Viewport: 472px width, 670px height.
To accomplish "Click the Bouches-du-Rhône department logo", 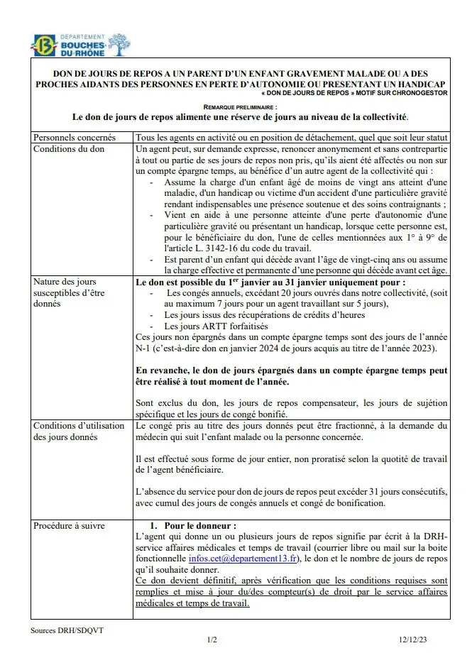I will coord(80,45).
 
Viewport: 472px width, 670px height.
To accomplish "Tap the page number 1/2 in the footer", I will coord(212,639).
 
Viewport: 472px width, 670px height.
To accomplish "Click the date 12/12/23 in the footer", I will coord(412,639).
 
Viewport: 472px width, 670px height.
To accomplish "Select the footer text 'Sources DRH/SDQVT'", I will coord(61,630).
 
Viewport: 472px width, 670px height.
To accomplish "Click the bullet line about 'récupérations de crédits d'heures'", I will coord(254,314).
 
